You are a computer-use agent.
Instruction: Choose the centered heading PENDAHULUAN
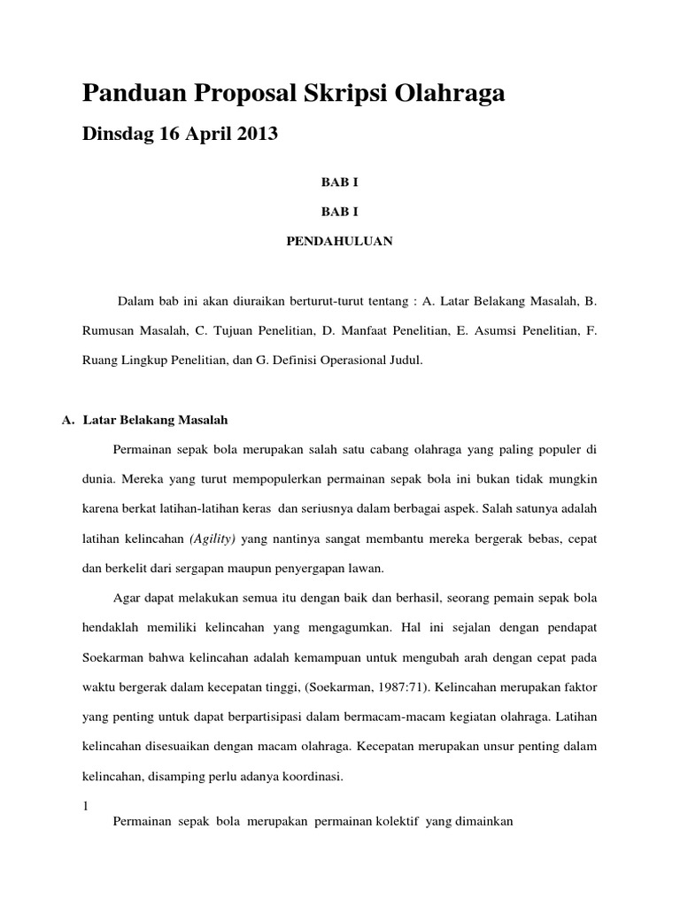click(339, 240)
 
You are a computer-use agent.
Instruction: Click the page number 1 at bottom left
click(85, 806)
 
